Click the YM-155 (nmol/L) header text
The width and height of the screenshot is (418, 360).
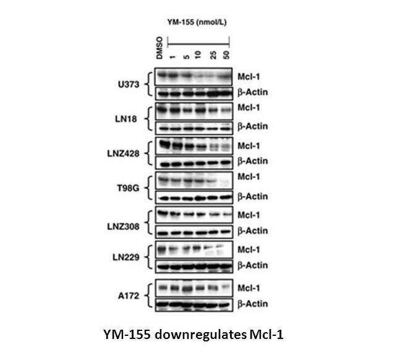(197, 22)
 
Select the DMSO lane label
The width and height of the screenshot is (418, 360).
(160, 48)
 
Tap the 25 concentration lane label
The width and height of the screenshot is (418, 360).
(213, 55)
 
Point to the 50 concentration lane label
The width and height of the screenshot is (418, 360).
(226, 55)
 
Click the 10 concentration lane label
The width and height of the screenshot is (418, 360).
(198, 55)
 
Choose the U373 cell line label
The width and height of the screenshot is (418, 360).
(129, 85)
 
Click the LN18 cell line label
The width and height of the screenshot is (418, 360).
(126, 119)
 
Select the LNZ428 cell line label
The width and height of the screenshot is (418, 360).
(123, 153)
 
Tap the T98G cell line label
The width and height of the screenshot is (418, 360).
(128, 188)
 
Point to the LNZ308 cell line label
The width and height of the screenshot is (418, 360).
(123, 226)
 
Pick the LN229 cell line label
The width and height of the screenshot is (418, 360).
(126, 257)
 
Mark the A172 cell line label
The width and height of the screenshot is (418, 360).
(129, 296)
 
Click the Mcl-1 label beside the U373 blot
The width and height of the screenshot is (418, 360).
(249, 77)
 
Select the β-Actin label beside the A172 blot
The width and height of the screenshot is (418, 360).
(253, 304)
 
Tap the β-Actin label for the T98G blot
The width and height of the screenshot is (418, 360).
(253, 197)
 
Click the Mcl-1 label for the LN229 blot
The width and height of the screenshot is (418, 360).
(249, 250)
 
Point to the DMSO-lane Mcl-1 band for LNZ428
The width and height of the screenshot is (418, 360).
(164, 145)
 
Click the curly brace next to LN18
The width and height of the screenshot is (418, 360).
(149, 119)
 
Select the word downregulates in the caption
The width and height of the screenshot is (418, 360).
(200, 335)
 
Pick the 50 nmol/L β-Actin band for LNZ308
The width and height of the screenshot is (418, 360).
(226, 232)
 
